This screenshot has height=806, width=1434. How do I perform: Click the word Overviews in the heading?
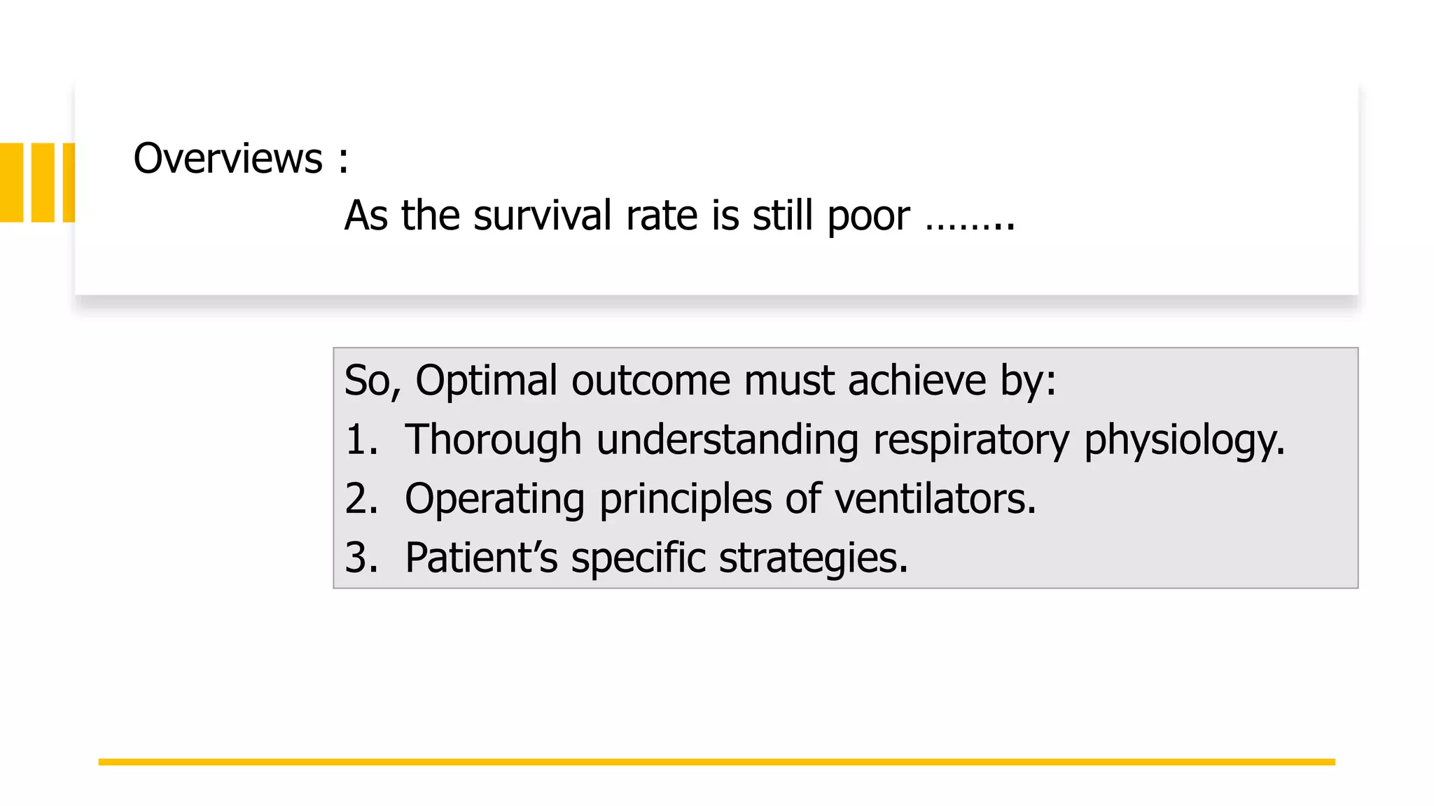(x=228, y=159)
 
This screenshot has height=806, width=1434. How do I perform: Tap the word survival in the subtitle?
(x=543, y=215)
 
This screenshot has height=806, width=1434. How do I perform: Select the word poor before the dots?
(x=868, y=217)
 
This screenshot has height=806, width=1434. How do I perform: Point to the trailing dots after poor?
(x=970, y=225)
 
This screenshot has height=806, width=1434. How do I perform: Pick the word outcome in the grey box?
(x=650, y=381)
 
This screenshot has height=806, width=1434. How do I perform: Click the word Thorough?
(x=493, y=441)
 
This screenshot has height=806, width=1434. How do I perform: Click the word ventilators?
(x=935, y=499)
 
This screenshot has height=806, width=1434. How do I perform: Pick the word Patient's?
(x=481, y=558)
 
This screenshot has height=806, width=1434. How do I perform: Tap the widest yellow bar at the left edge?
(x=12, y=183)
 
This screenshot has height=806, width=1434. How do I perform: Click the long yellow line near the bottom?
(x=716, y=762)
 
